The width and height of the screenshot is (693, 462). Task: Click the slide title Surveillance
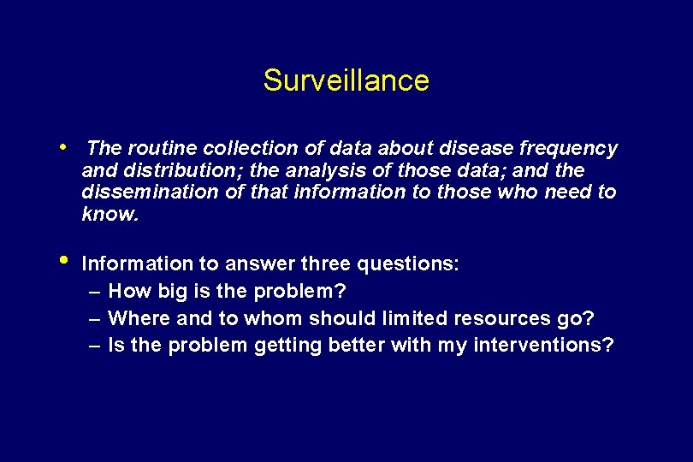[x=346, y=80]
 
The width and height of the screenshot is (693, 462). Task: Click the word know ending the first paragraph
[x=108, y=214]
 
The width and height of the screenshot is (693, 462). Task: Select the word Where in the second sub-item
[x=139, y=318]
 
